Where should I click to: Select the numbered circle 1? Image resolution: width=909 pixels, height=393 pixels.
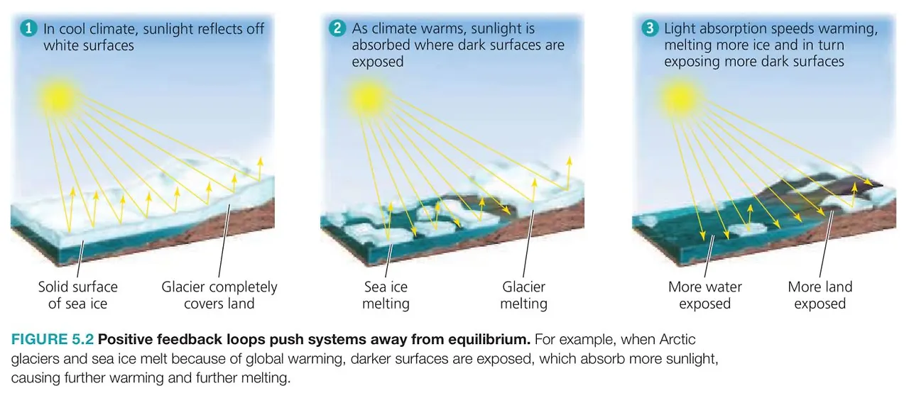tap(28, 29)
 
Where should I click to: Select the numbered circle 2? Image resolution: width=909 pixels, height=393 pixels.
tap(337, 29)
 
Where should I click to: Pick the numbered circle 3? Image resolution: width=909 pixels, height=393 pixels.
tap(649, 29)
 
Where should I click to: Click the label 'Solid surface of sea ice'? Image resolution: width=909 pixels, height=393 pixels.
tap(78, 295)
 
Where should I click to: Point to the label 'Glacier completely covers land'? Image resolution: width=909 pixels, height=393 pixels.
tap(219, 295)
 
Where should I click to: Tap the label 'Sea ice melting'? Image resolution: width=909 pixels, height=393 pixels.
tap(386, 295)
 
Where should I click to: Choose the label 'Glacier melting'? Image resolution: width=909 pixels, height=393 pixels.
tap(523, 295)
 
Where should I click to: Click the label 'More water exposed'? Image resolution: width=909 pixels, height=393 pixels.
tap(704, 295)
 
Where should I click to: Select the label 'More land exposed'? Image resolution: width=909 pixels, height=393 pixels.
tap(820, 295)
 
